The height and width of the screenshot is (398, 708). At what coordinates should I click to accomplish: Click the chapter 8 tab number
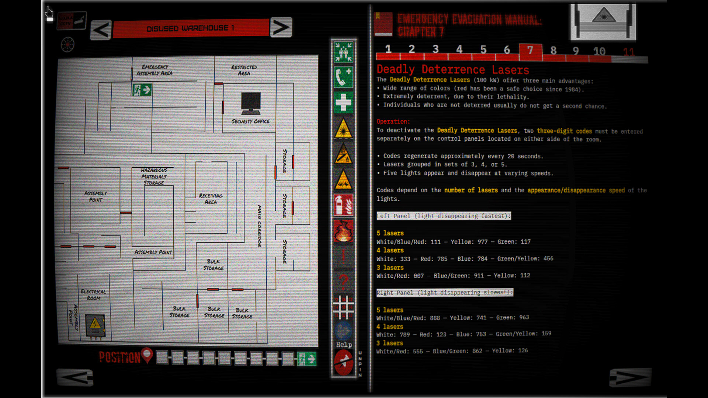pos(553,51)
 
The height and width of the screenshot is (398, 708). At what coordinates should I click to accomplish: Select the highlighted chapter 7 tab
pos(530,51)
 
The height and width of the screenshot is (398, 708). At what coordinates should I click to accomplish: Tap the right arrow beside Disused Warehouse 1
pos(281,27)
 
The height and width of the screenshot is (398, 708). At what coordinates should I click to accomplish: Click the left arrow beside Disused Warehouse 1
pos(101,30)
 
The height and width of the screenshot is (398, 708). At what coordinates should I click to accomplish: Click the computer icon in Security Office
pos(251,103)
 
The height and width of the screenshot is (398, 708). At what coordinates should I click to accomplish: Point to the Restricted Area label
pos(244,70)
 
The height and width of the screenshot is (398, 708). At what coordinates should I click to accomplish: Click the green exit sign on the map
pos(142,90)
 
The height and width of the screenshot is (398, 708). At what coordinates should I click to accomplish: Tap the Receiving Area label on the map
pos(211,199)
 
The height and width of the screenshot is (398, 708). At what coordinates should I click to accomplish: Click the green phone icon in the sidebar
pos(343,77)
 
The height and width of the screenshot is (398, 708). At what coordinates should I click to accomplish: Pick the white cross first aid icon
pos(343,102)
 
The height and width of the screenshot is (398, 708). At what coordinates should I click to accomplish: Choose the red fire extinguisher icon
pos(343,205)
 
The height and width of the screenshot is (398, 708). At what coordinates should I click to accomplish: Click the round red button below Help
pos(343,362)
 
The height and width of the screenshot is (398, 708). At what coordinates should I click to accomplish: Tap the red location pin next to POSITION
pos(147,355)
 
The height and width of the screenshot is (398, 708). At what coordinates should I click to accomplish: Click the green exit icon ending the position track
pos(307,359)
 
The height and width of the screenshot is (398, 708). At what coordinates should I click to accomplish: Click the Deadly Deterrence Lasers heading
pos(453,69)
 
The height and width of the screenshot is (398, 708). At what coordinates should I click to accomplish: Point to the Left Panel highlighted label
pos(444,216)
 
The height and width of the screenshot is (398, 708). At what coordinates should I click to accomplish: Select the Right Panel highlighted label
pos(444,293)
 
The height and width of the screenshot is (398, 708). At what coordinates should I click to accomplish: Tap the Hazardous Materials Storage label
pos(154,176)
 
